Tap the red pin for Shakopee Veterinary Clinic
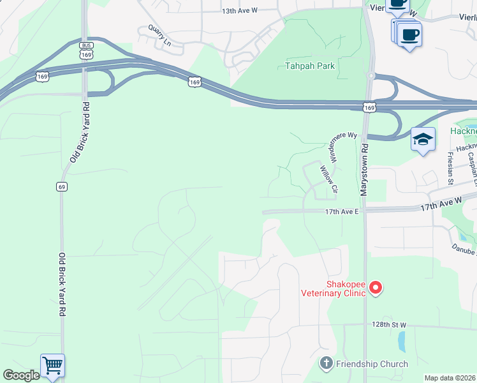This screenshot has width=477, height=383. click(x=376, y=289)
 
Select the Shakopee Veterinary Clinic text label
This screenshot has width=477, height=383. click(x=334, y=289)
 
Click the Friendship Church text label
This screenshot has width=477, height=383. click(x=372, y=364)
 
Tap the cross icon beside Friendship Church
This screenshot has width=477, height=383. click(x=326, y=364)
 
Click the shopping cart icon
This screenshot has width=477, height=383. click(x=52, y=366)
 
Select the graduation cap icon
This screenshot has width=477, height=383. click(x=423, y=140)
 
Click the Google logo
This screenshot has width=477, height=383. click(x=20, y=375)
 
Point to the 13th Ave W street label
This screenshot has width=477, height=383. click(x=239, y=11)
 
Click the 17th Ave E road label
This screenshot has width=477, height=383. click(x=342, y=211)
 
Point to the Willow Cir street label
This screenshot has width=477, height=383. click(x=328, y=179)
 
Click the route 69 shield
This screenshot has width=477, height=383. click(x=61, y=186)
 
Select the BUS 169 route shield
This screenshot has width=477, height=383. click(x=85, y=50)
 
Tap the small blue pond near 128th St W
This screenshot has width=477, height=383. click(x=401, y=342)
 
